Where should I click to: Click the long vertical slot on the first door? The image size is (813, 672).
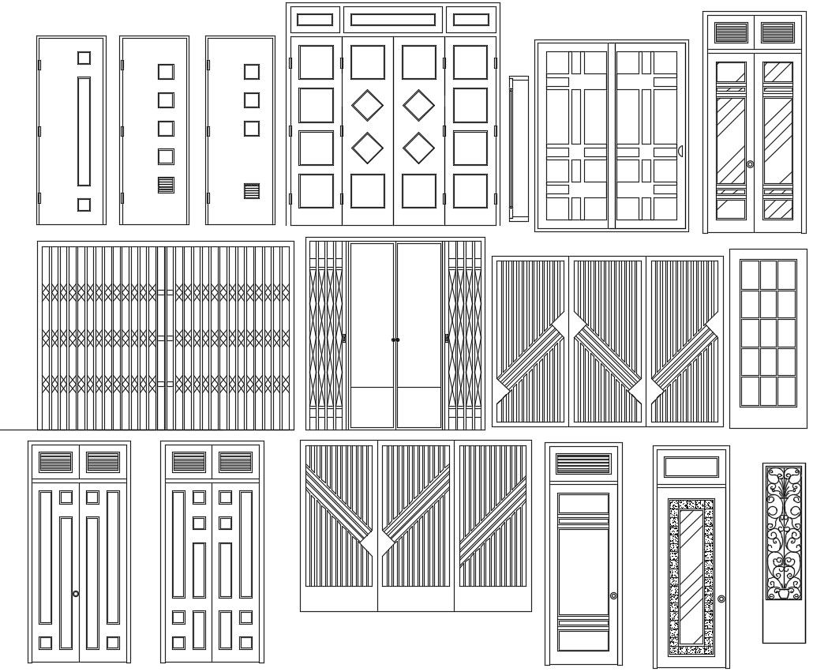(84, 131)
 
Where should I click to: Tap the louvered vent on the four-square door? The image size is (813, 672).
(166, 186)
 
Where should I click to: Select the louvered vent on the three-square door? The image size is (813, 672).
(251, 191)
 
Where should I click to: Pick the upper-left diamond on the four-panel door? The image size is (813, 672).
(367, 106)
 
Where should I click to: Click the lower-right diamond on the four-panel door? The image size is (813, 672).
(418, 148)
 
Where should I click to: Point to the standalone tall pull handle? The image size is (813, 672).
(519, 148)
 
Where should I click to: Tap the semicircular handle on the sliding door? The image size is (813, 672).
(680, 151)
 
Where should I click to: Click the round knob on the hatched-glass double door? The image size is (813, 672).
(749, 164)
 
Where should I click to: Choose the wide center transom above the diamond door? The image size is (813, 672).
(392, 20)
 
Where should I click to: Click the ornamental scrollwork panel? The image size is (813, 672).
(783, 534)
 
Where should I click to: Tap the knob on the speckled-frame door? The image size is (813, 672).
(721, 599)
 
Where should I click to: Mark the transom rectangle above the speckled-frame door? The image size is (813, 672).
(691, 467)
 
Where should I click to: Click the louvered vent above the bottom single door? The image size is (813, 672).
(583, 464)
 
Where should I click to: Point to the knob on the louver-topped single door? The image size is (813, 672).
(613, 595)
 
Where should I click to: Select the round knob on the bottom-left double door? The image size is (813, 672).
(76, 594)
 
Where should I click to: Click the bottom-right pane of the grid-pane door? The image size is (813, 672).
(787, 390)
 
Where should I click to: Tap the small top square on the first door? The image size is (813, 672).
(84, 58)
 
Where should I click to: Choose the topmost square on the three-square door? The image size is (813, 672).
(251, 72)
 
